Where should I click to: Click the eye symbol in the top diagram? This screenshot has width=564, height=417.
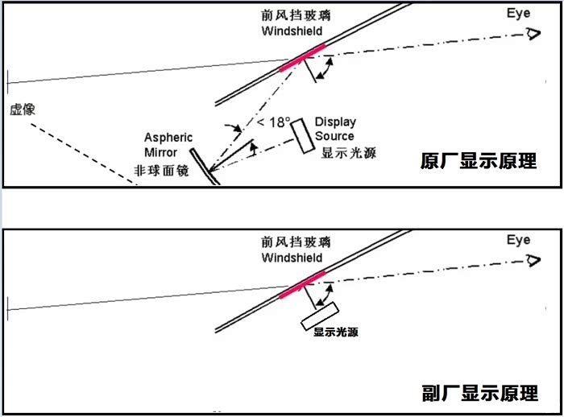tap(533, 34)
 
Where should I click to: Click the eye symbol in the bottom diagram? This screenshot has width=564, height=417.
tap(533, 260)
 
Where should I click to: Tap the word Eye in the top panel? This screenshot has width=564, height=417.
tap(518, 14)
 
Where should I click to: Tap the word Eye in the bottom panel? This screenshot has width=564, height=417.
tap(518, 240)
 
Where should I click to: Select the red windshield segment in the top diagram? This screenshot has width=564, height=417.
tap(302, 57)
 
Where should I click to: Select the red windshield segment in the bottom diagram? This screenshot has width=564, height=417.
tap(302, 285)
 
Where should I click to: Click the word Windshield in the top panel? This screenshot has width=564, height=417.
tap(292, 31)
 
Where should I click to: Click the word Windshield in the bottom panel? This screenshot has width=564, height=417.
tap(292, 258)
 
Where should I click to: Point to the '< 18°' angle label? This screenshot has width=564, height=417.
tap(273, 122)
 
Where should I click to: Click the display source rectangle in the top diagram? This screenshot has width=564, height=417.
tap(302, 135)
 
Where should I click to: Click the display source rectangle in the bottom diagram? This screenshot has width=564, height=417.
tap(320, 316)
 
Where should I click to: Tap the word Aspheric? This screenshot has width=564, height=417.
tap(168, 138)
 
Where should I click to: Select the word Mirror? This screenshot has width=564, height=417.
tap(161, 152)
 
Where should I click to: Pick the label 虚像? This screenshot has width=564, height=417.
tap(23, 109)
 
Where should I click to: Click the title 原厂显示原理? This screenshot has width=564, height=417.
tap(479, 161)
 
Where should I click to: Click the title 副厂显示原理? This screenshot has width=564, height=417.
tap(480, 393)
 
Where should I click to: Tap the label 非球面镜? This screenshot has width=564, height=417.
tap(161, 171)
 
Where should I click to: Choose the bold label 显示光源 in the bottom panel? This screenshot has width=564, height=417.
tap(336, 332)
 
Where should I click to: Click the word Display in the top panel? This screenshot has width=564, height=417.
tap(335, 122)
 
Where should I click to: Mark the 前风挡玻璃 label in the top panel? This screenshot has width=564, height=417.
tap(296, 15)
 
